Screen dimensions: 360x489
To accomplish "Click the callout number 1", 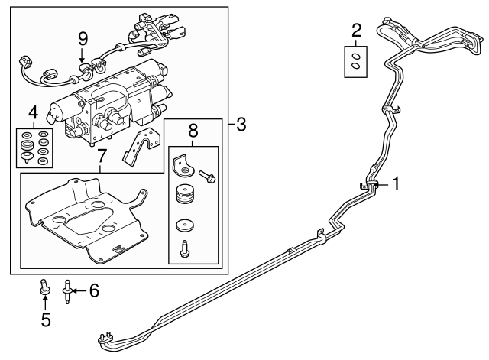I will [x=396, y=183].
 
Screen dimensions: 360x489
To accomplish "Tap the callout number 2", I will [x=356, y=30].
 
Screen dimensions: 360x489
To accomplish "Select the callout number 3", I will [x=241, y=124].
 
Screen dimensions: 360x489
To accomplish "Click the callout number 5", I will [x=45, y=319].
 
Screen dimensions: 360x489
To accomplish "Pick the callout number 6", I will [x=94, y=290].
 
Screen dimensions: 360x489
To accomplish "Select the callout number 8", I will [x=193, y=131].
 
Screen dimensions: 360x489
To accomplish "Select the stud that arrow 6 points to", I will [x=68, y=291].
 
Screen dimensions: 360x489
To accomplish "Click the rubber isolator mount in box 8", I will [x=184, y=197].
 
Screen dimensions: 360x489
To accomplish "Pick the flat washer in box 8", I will [x=184, y=226].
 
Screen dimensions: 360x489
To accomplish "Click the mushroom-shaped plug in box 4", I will [x=27, y=158].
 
